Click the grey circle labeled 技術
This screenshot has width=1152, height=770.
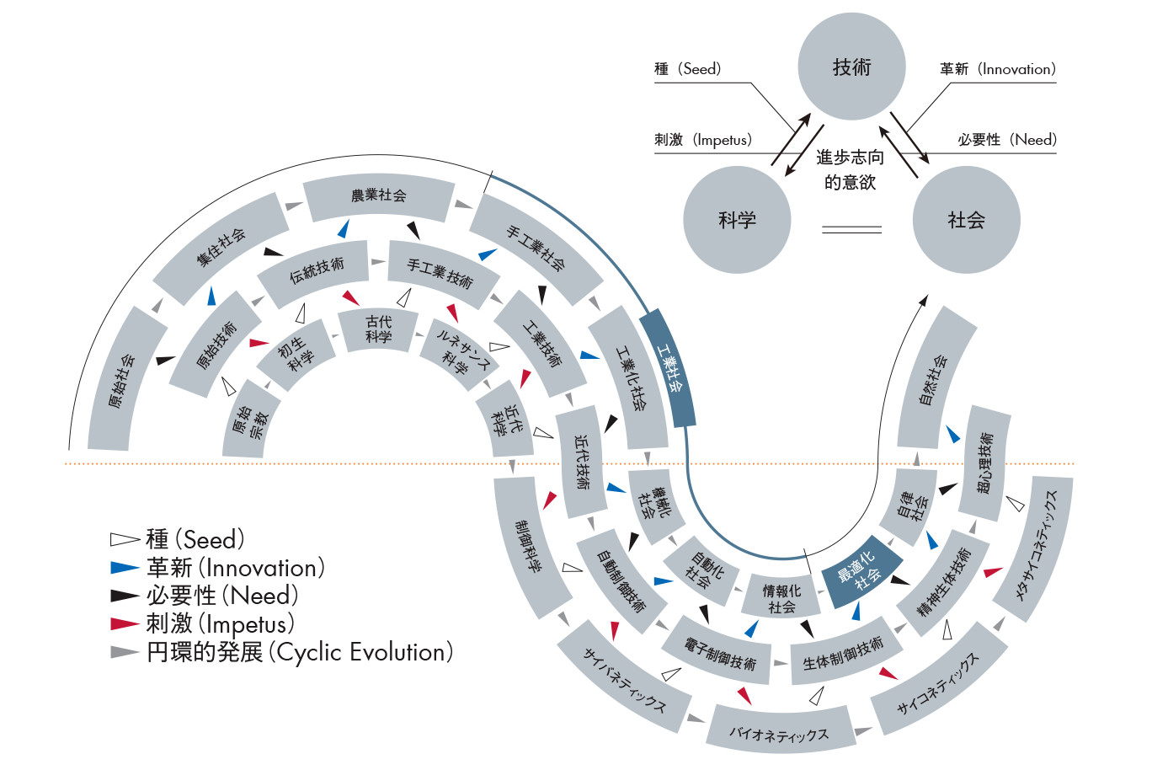tap(851, 67)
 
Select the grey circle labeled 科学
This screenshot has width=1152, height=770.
tap(737, 220)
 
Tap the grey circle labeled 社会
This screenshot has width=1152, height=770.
tap(966, 220)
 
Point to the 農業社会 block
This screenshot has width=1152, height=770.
tap(379, 196)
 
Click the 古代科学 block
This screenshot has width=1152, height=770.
tap(379, 329)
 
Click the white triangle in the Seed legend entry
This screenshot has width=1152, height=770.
tap(124, 540)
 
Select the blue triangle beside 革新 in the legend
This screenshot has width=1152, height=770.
tap(124, 568)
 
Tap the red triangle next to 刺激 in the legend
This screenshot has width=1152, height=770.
tap(124, 624)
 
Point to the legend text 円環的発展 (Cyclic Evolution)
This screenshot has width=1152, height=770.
tap(300, 652)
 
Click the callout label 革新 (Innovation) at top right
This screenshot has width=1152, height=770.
tap(997, 69)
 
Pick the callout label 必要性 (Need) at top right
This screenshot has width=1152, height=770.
tap(1006, 140)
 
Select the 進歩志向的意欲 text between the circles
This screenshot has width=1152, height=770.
tap(851, 169)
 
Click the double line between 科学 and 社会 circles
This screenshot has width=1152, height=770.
tap(851, 228)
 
